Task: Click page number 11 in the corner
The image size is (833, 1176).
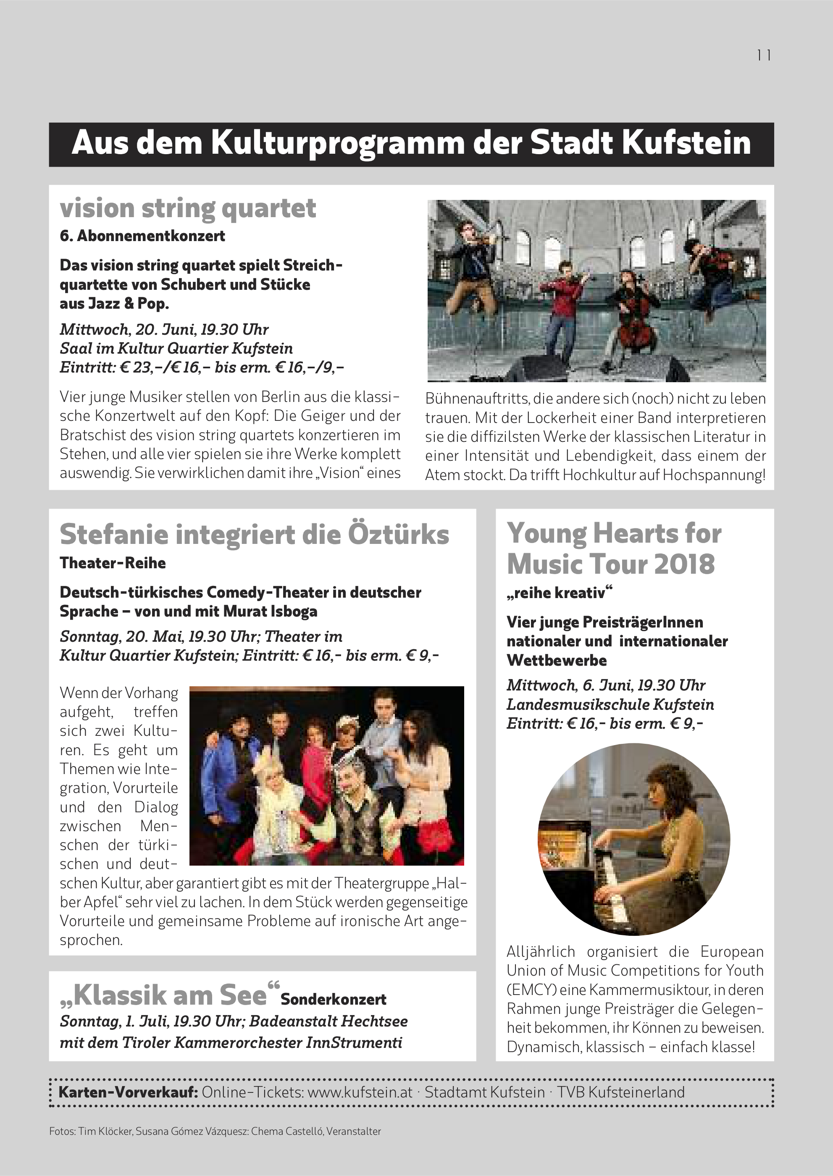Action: [x=764, y=55]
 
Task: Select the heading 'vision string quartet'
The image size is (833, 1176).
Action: [x=188, y=208]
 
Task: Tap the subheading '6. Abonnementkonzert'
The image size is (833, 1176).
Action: [x=142, y=236]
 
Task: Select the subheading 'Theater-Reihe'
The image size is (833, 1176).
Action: [x=112, y=563]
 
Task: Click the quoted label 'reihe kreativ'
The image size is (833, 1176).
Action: [x=559, y=593]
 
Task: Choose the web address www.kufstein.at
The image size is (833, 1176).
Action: [x=360, y=1092]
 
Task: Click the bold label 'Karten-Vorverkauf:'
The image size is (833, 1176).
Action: [x=128, y=1092]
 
